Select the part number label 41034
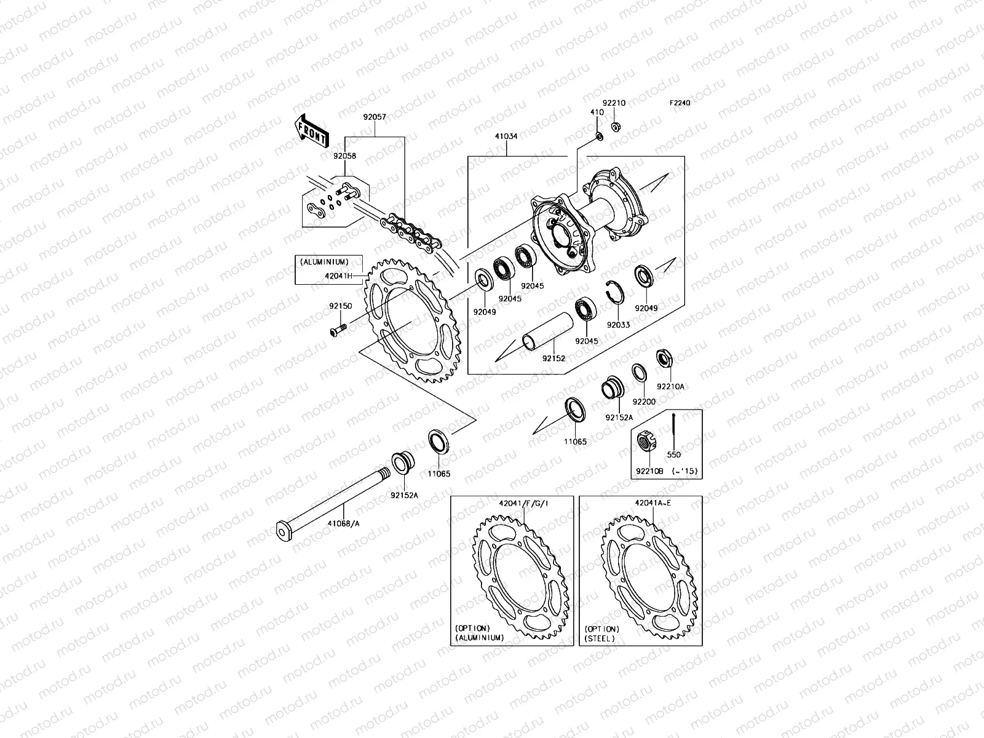click(x=507, y=138)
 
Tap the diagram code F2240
click(x=680, y=103)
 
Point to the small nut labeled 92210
click(x=615, y=127)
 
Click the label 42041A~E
click(x=653, y=502)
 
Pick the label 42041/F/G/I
click(x=523, y=502)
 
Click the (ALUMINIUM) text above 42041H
click(x=324, y=262)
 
